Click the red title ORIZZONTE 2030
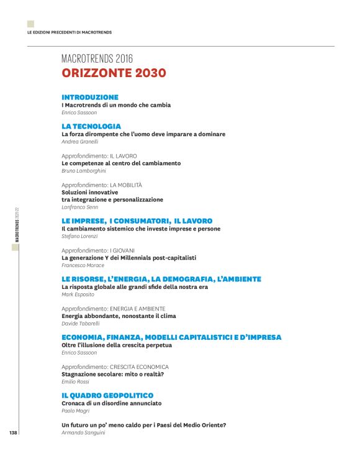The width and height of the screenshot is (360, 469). pyautogui.click(x=114, y=73)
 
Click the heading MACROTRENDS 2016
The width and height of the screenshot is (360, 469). pyautogui.click(x=97, y=59)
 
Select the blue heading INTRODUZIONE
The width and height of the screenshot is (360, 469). pyautogui.click(x=89, y=98)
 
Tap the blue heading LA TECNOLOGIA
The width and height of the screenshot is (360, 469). pyautogui.click(x=91, y=126)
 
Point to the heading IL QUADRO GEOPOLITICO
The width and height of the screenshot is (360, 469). pyautogui.click(x=107, y=395)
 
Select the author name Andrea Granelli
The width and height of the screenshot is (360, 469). pyautogui.click(x=80, y=142)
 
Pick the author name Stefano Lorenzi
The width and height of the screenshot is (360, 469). pyautogui.click(x=79, y=236)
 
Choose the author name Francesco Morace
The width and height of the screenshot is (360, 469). pyautogui.click(x=83, y=265)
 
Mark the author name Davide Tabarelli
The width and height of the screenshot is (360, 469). pyautogui.click(x=81, y=323)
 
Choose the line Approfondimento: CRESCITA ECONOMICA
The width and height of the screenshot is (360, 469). pyautogui.click(x=115, y=367)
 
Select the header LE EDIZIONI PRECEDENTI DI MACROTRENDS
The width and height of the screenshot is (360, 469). pyautogui.click(x=69, y=32)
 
